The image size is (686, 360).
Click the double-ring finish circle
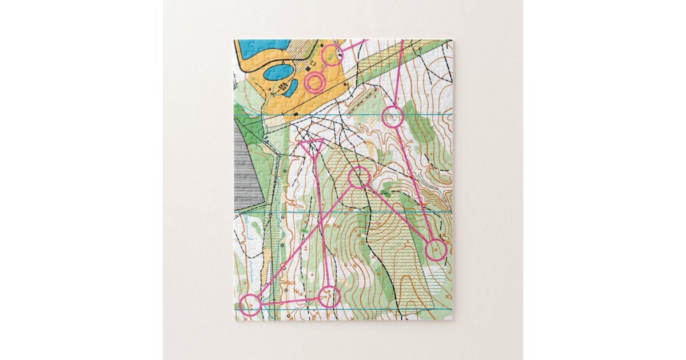314,82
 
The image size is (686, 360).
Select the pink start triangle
312,146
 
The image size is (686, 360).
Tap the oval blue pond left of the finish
279,72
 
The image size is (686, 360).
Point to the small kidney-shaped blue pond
290,87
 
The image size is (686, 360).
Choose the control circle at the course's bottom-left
250,306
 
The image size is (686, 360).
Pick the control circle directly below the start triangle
329,296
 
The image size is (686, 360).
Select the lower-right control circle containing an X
436,250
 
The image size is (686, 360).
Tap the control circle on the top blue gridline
393,117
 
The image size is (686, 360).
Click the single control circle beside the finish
332,55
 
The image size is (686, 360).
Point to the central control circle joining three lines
358,177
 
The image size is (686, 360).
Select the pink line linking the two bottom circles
289,301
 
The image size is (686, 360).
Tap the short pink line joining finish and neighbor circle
324,68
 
